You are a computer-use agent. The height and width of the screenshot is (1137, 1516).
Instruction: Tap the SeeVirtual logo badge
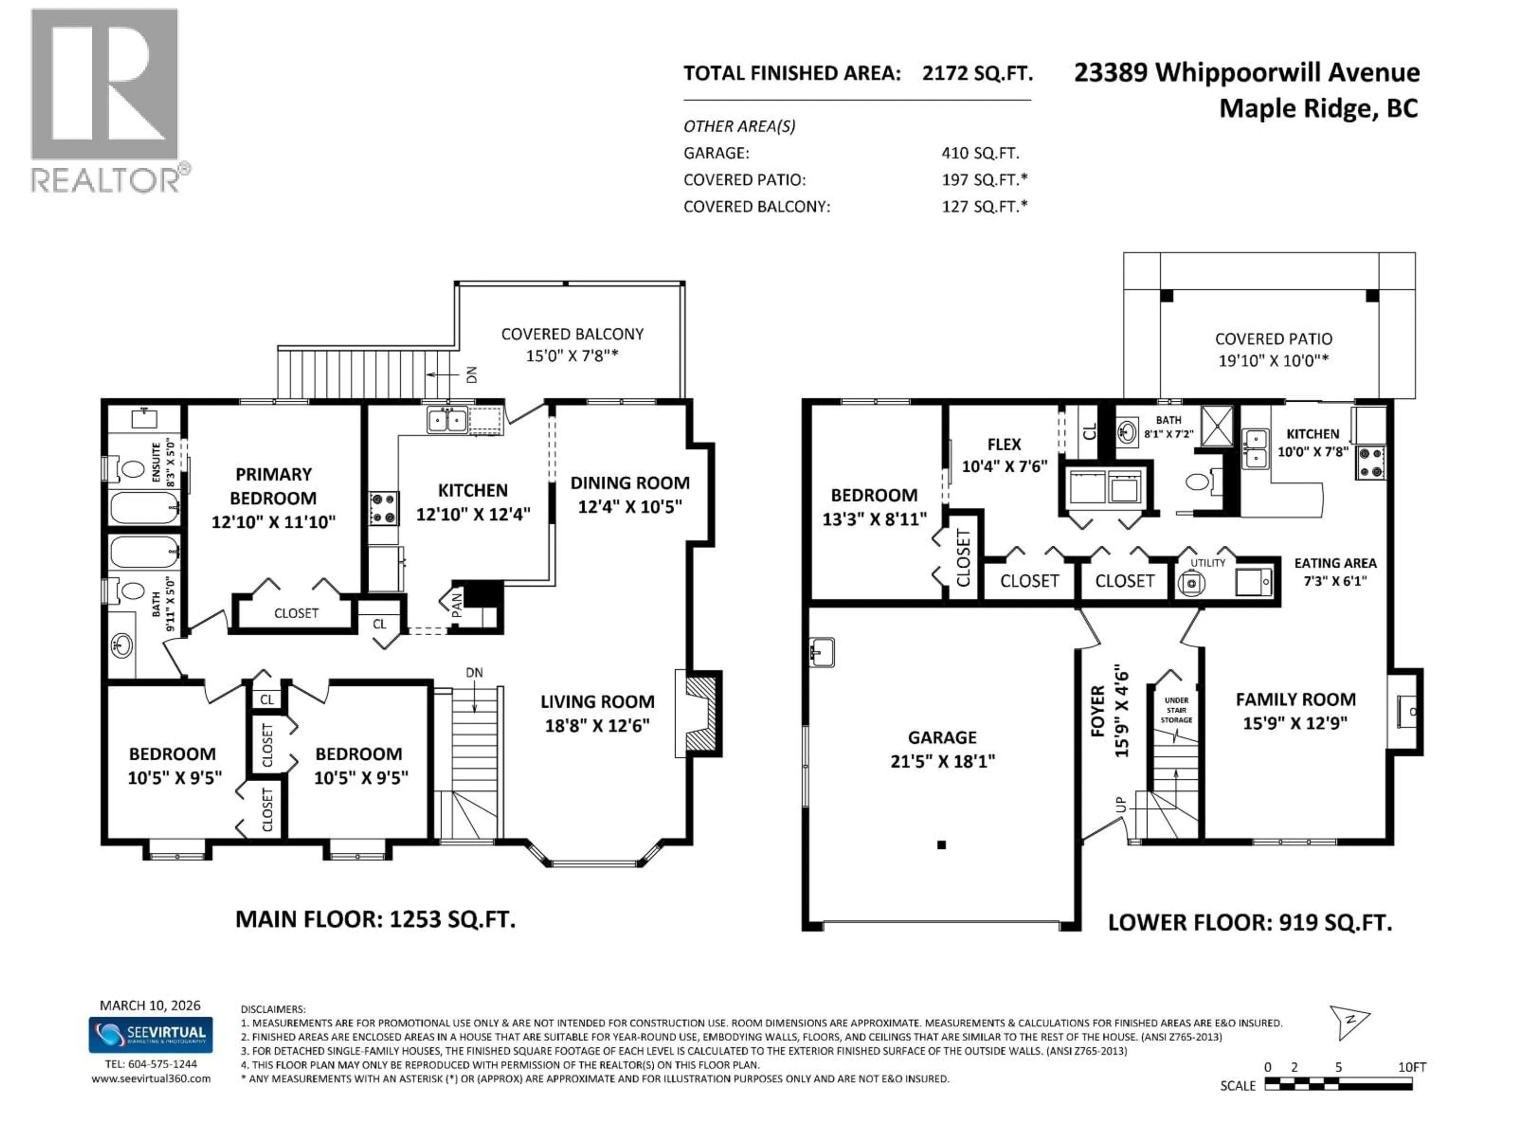coord(150,1034)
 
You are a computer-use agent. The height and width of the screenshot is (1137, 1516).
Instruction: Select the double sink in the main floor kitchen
coord(447,419)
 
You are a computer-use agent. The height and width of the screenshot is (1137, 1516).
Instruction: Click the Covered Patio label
coord(1273,349)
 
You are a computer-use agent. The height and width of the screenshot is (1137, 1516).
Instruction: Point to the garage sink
coord(821,652)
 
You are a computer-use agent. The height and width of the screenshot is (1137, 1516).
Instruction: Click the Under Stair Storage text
coord(1176,710)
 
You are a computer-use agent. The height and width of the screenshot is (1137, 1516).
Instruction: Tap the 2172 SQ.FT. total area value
coord(977,73)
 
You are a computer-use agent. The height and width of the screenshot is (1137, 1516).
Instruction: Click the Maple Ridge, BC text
coord(1318,108)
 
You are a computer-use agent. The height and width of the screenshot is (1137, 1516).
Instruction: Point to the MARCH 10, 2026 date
coord(150,1006)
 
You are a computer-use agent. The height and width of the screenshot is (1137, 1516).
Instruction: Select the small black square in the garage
coord(942,845)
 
